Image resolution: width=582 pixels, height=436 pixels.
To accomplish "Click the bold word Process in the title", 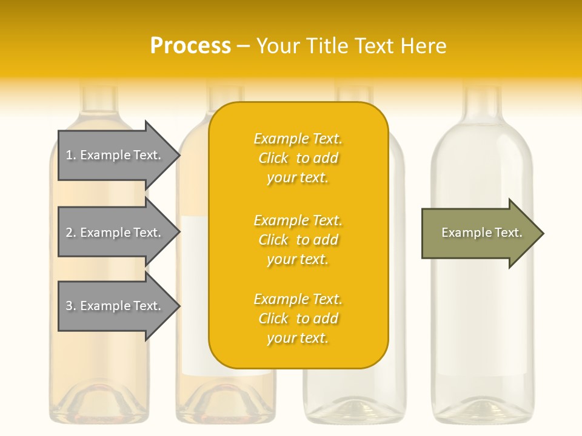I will (190, 45).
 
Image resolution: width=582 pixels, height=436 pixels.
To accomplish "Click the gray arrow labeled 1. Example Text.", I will (115, 155).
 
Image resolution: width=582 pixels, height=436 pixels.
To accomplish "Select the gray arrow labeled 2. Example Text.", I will (115, 233).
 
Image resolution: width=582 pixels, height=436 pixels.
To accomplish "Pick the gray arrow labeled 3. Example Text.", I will (115, 306).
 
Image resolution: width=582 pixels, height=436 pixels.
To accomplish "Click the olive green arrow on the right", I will (479, 233).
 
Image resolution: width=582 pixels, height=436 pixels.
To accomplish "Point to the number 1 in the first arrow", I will (70, 155).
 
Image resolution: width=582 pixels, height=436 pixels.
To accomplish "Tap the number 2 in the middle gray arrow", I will (70, 233).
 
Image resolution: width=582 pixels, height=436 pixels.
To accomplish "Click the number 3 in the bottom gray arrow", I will (70, 306).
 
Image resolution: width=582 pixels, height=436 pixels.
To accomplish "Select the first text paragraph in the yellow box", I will (298, 158).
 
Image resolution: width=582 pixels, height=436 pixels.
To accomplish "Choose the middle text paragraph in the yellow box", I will (298, 240).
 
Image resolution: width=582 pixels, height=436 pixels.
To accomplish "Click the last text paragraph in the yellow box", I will (298, 319).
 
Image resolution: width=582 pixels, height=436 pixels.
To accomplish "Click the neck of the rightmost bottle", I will (483, 103).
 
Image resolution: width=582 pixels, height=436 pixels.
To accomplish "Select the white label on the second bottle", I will (195, 297).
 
